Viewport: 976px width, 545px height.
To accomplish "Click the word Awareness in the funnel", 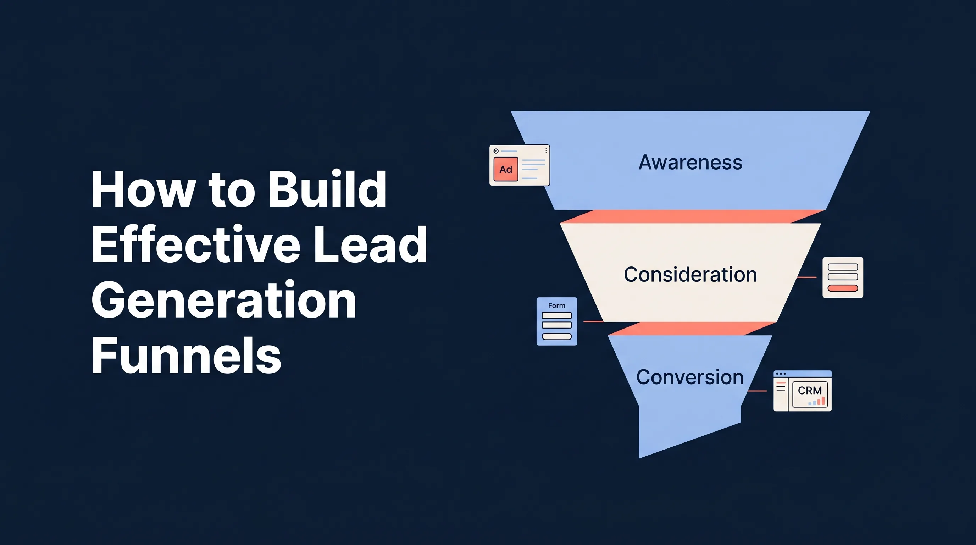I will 690,163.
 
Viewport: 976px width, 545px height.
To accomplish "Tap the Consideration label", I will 690,274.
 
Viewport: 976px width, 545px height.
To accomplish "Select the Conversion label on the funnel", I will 689,378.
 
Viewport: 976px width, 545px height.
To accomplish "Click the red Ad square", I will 505,169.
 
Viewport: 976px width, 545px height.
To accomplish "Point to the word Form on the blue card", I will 556,305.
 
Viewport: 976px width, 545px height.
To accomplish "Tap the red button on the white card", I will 843,288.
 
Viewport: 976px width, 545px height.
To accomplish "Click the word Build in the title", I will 327,189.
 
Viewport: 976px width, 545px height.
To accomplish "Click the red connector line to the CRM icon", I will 757,391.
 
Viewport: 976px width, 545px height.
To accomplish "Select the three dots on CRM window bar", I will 781,374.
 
